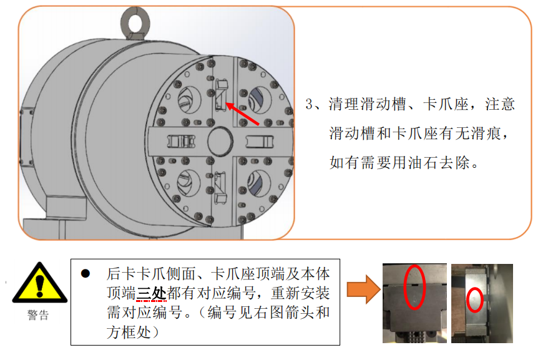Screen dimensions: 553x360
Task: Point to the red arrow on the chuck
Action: point(242,114)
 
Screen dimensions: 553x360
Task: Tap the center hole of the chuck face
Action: point(220,140)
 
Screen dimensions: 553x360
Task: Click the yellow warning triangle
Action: point(39,283)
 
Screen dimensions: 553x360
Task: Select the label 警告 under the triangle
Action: point(38,315)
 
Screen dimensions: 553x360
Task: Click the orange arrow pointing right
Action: point(364,289)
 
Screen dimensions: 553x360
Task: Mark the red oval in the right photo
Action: point(475,299)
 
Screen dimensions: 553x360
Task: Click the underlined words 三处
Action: point(151,293)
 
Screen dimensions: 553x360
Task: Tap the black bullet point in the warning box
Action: point(86,274)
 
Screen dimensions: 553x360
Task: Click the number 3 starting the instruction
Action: point(309,104)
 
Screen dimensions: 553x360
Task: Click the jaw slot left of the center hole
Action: point(181,142)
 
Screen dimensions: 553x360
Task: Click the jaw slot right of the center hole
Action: point(259,142)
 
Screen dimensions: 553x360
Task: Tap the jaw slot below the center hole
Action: point(220,187)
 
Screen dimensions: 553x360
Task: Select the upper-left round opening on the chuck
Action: point(189,100)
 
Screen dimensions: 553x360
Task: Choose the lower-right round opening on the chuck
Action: point(259,183)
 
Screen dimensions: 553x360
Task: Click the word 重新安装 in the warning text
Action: point(300,293)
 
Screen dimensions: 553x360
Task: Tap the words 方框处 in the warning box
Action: point(129,332)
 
